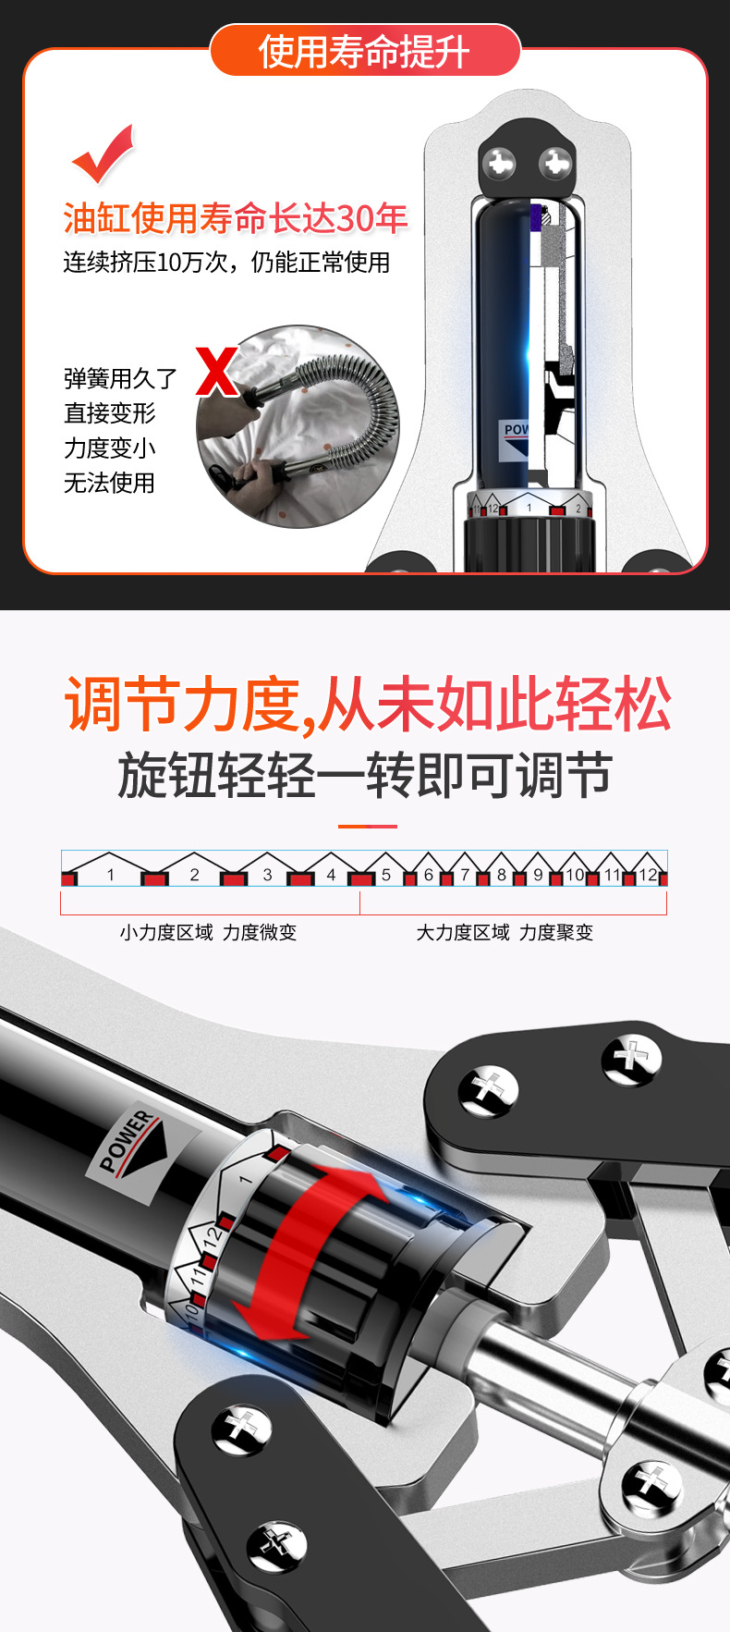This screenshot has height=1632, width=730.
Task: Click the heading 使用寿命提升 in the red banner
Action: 365,52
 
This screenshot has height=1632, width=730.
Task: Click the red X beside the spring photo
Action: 217,371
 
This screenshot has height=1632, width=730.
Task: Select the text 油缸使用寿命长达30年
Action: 236,218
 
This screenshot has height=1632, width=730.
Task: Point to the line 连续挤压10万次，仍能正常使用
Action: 226,263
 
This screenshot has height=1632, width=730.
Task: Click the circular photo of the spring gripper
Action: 298,426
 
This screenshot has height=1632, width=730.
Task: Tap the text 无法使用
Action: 109,483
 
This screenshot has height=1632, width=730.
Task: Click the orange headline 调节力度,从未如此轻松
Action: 367,705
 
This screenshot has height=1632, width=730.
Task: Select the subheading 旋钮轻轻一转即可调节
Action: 365,775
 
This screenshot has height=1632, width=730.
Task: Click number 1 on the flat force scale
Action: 111,875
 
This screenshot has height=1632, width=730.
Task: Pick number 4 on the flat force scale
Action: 331,875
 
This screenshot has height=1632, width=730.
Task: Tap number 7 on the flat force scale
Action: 465,875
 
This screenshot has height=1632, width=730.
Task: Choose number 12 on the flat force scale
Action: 648,875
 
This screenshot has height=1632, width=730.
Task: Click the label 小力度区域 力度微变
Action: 208,932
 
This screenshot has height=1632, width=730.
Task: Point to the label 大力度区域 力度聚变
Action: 505,932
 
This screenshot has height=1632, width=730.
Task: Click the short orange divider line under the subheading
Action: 367,826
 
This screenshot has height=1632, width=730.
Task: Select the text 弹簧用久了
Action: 120,378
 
